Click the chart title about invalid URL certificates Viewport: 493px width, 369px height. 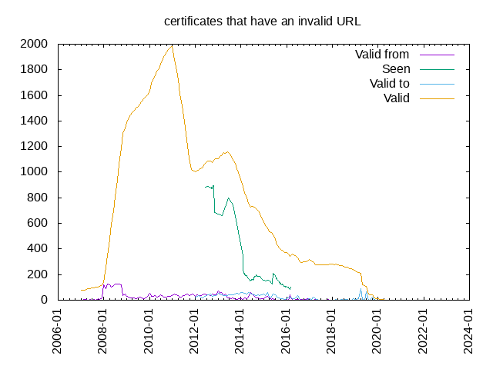pos(262,22)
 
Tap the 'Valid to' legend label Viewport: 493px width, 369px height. pos(389,84)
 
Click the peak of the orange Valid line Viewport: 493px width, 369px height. pos(172,46)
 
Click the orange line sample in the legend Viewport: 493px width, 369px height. pos(437,98)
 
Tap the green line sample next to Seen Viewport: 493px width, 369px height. pos(437,69)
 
